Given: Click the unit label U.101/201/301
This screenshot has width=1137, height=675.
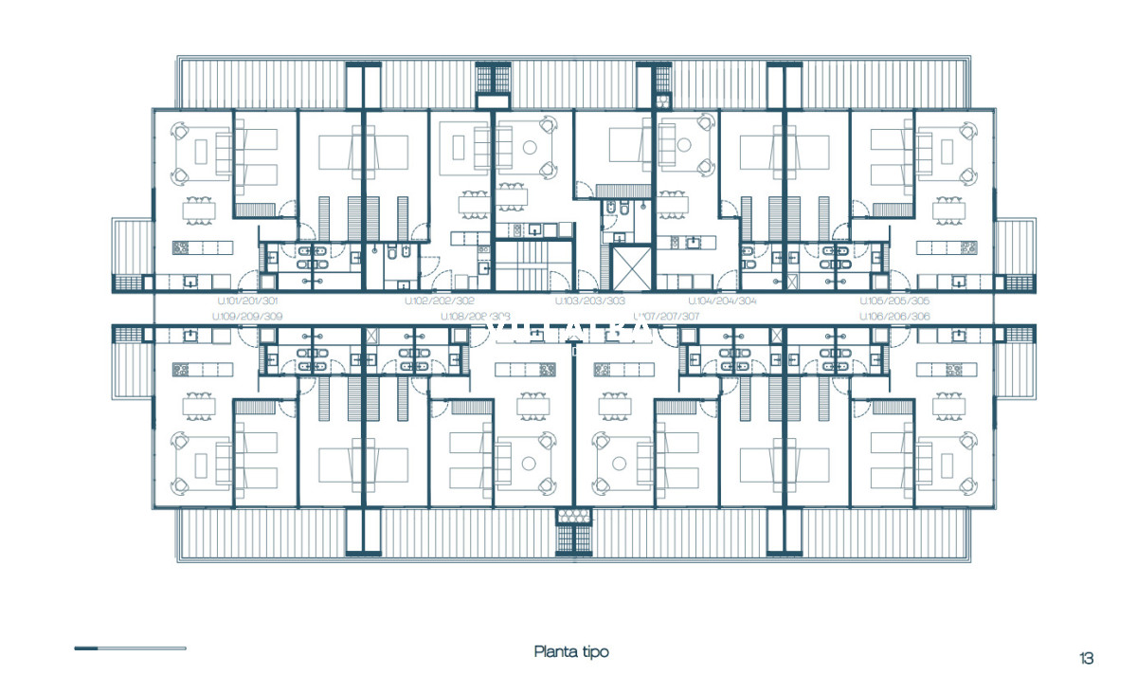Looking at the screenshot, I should pos(244,301).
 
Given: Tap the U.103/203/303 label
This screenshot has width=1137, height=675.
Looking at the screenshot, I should pos(590,301).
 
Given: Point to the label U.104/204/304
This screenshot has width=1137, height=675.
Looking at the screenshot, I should pos(722,301).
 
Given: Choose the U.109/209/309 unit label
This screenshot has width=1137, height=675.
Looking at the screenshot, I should pos(246,317).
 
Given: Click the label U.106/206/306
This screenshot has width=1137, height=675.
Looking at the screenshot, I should pos(894,317).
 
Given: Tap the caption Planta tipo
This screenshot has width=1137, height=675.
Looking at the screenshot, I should pos(571,651).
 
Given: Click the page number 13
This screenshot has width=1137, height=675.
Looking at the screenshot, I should pos(1086,658).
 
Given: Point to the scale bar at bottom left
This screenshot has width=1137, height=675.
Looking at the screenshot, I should pos(130,648).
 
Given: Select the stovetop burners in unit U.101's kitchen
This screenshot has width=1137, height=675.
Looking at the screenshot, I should pos(182,247).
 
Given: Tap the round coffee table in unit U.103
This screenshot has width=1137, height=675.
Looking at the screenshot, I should pos(529,147).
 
